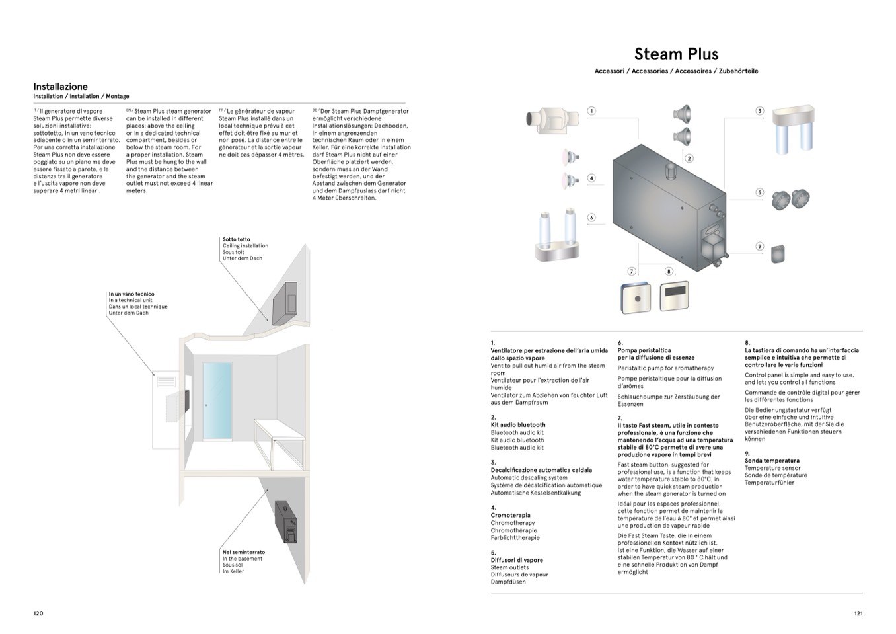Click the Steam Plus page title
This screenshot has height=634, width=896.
click(676, 54)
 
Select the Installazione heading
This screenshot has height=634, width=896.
click(60, 87)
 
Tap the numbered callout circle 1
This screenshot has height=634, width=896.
click(591, 111)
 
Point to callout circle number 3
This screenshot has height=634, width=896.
click(760, 111)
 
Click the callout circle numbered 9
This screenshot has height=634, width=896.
click(760, 247)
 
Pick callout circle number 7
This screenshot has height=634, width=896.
click(632, 271)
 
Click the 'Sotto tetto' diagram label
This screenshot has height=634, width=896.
click(237, 239)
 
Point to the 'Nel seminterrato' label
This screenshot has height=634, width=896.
click(243, 552)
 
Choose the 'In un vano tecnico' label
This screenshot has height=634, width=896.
click(131, 294)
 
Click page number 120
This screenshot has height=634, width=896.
click(38, 614)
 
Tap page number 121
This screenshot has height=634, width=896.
click(858, 614)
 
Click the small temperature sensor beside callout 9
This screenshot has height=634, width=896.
click(778, 253)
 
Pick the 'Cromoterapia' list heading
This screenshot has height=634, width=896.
click(510, 516)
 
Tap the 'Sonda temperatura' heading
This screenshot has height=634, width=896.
click(772, 461)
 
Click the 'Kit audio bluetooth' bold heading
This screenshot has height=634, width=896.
click(518, 425)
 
